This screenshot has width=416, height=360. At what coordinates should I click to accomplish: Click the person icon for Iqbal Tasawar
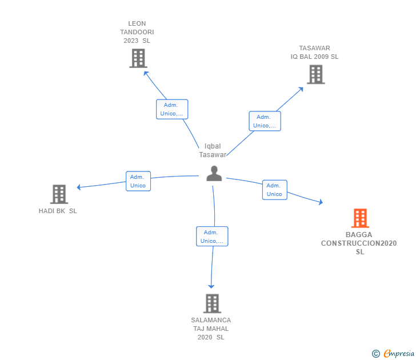coord(214,173)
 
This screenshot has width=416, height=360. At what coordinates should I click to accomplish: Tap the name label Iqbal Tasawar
coord(213,150)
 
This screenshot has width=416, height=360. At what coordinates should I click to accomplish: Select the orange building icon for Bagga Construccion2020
coord(359,218)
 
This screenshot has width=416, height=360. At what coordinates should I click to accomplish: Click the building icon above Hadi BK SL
coord(59,194)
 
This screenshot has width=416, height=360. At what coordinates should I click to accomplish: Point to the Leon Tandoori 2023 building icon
coord(138,58)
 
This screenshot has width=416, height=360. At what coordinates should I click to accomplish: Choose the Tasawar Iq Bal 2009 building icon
coord(315,74)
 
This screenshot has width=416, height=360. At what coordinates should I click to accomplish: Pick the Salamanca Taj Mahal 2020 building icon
coord(212,303)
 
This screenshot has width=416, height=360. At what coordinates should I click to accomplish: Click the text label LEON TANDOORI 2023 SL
coord(137,32)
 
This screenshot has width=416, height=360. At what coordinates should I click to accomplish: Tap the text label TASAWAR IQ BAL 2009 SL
coord(314,53)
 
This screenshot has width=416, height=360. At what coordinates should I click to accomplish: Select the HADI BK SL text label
coord(58,211)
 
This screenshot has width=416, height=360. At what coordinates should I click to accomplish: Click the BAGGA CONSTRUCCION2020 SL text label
coord(359,243)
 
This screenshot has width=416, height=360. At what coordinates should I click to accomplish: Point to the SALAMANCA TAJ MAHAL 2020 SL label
coord(211,329)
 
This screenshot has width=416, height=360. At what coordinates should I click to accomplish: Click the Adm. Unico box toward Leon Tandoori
coord(172,109)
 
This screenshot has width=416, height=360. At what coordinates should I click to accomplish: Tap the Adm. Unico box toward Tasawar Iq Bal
coord(265,121)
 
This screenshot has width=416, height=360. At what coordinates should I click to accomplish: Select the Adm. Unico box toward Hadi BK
coord(138,181)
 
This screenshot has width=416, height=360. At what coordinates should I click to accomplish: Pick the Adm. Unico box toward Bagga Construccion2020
coord(274,190)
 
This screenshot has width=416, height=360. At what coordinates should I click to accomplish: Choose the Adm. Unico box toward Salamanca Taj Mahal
coord(212,237)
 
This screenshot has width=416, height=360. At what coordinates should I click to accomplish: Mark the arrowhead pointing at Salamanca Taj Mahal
coord(211,286)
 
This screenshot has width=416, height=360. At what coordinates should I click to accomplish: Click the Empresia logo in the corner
coord(393,354)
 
